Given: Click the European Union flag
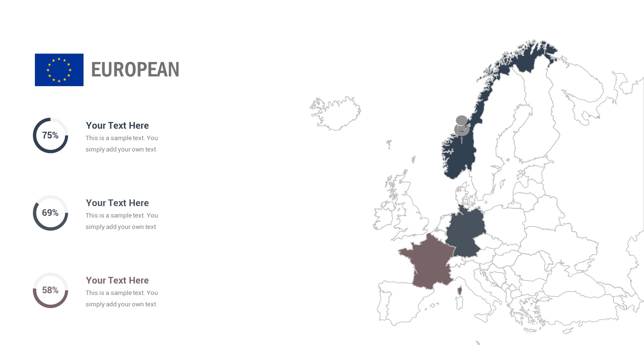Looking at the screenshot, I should [x=59, y=70].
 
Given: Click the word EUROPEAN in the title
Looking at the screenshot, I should [x=135, y=70].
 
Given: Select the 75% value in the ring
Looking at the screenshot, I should [x=50, y=135].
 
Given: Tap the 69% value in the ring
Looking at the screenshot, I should [x=50, y=213].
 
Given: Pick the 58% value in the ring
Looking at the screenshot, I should [x=50, y=290].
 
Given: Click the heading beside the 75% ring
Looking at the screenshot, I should [x=117, y=125].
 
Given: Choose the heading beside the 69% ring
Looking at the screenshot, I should [x=117, y=203].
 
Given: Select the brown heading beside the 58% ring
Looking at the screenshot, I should [x=117, y=280].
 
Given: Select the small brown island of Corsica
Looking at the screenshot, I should [x=460, y=290].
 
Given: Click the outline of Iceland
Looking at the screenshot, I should [x=335, y=112].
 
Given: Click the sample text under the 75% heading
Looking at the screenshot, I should [x=121, y=144].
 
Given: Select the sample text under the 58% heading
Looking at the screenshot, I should [x=121, y=299].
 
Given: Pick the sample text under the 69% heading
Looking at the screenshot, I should [x=121, y=221].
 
